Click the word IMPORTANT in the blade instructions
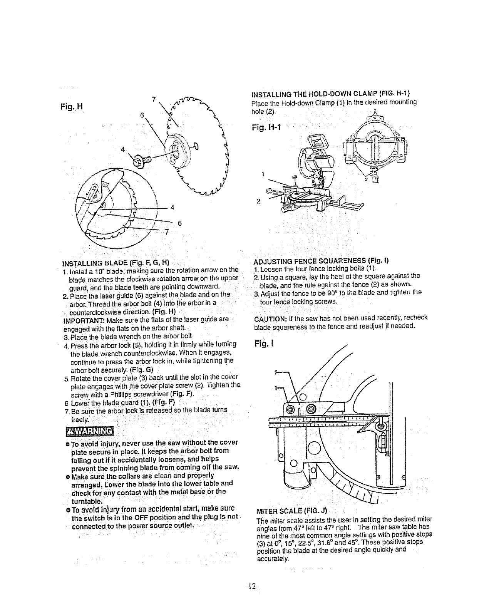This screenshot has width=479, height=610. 82,319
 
